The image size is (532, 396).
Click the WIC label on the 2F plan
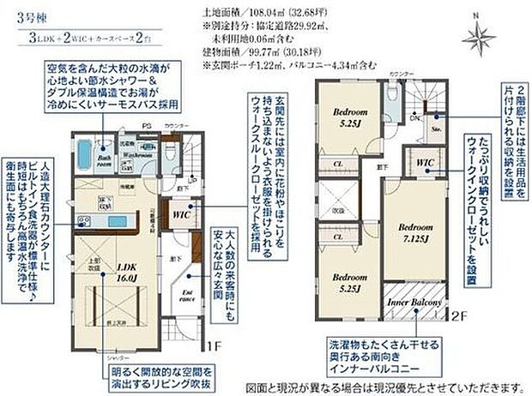[x=424, y=163]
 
